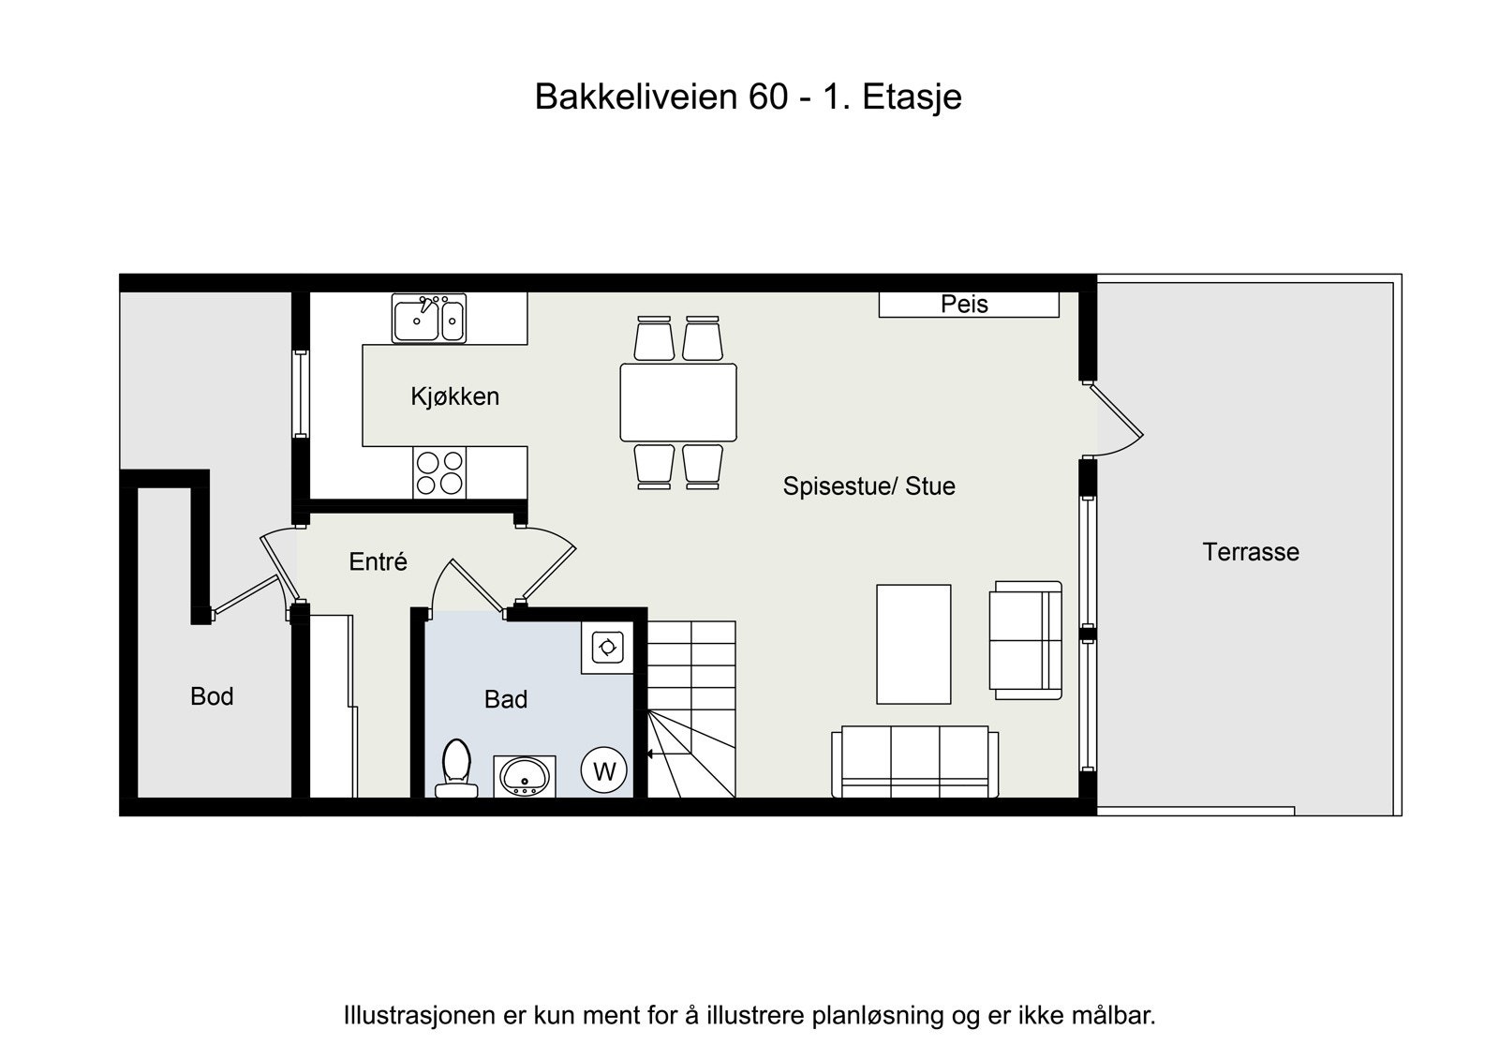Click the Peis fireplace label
964,305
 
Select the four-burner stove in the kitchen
439,472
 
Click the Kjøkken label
454,396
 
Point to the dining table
678,403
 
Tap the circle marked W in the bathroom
604,771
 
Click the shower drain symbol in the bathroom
607,648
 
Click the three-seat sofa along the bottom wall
914,761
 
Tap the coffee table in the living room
913,644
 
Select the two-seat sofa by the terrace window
1027,640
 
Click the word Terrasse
1251,552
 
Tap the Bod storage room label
212,696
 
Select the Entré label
378,562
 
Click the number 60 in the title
767,97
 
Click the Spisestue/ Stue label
868,486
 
